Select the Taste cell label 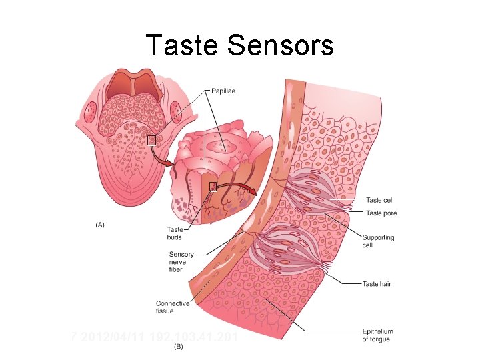(379, 200)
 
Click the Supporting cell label (378, 241)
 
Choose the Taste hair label (377, 284)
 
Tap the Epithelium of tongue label (377, 335)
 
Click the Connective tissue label (173, 307)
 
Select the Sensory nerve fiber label (181, 261)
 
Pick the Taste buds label (175, 233)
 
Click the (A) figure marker (99, 225)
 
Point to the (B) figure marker (178, 347)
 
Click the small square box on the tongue (151, 140)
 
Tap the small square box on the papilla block (213, 187)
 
